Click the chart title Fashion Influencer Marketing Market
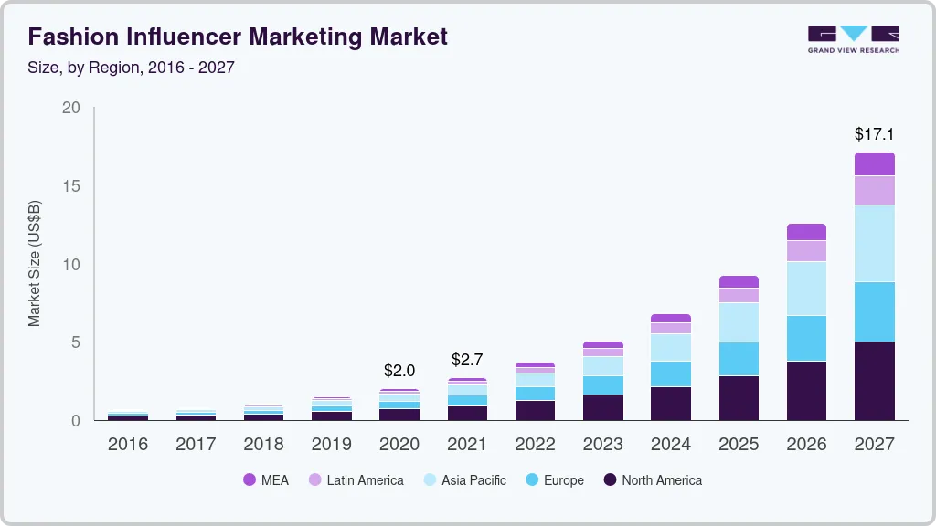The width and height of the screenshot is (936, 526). coord(238,37)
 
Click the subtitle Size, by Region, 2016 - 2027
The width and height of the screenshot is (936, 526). coord(132,68)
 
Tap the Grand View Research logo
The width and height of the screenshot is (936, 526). coord(853,39)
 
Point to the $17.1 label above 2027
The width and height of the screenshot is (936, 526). coord(874,134)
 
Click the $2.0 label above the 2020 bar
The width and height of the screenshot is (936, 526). coord(399,371)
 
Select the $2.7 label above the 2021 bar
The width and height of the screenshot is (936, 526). coord(467,360)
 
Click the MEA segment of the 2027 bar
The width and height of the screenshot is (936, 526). coord(874,164)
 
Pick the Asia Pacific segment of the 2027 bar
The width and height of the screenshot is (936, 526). coord(874,244)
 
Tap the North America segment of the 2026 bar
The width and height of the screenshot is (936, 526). coord(806,391)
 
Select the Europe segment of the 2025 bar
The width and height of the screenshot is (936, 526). coord(739,359)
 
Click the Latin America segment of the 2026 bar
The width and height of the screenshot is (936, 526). coord(806,251)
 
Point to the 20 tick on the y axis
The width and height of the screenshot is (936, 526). coord(71,108)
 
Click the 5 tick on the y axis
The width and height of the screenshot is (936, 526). coord(76,342)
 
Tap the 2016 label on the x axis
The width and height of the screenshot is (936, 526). coord(128,445)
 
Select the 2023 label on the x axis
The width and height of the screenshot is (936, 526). coord(602,445)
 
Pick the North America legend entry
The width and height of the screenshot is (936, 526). coord(652,480)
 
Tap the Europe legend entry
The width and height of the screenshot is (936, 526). coord(554,480)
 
